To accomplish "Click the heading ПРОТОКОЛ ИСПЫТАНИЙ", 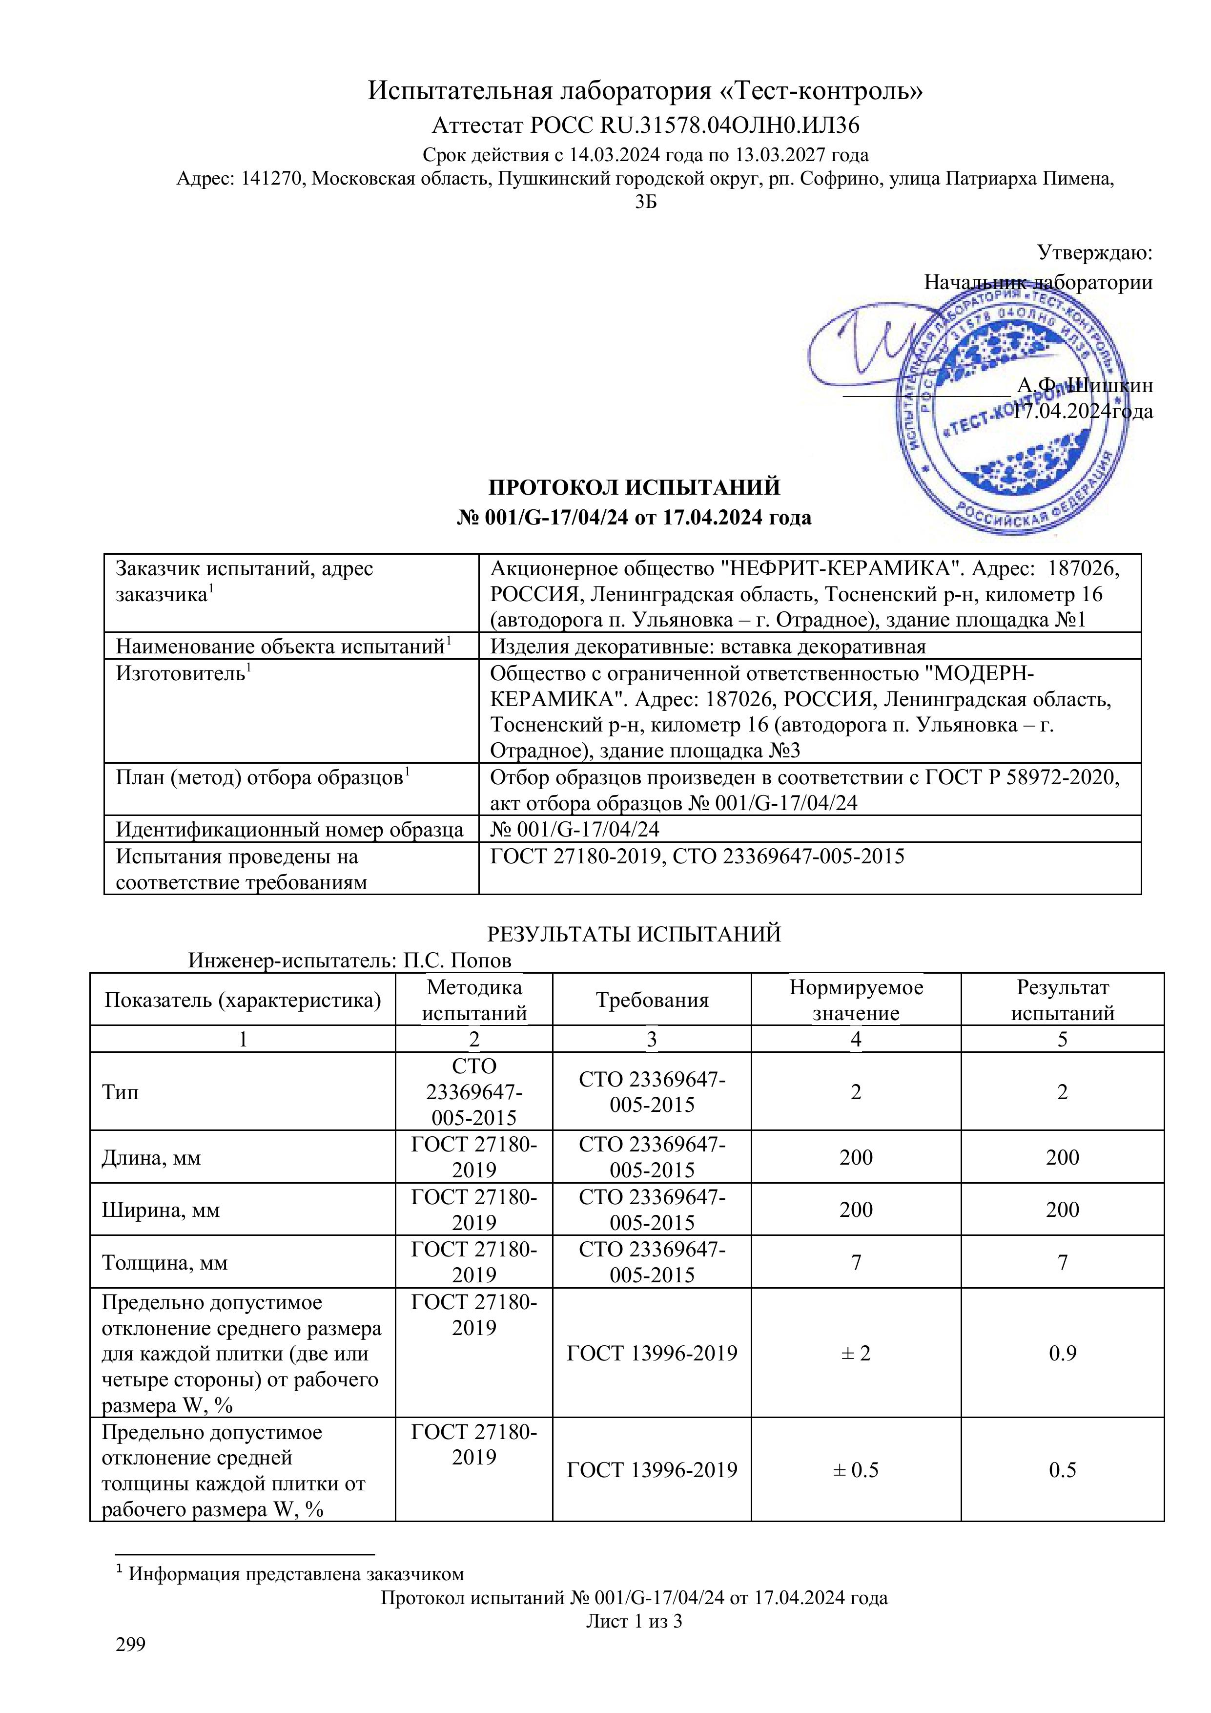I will coord(634,487).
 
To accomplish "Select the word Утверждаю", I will coord(1095,253).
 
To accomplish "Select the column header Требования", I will coord(652,1001).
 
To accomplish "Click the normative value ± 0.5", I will coord(855,1470).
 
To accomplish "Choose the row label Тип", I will coord(120,1092).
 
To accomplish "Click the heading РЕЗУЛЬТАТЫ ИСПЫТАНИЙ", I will coord(634,934).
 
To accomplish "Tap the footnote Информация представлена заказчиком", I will coord(296,1573).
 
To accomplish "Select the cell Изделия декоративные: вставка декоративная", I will coord(707,646).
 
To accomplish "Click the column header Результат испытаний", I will coord(1062,1001).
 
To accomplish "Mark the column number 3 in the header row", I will coord(652,1039).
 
